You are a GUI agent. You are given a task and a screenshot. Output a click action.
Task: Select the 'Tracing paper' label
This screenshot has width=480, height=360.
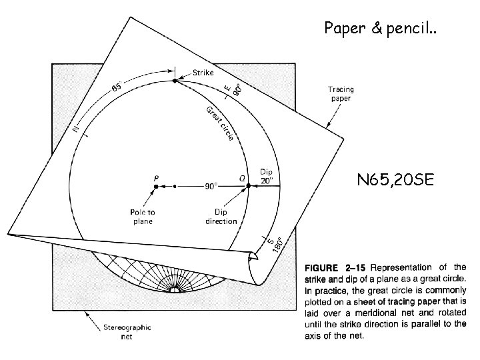click(x=341, y=94)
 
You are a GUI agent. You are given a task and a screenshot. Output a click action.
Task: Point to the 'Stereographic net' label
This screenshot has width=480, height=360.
click(x=127, y=331)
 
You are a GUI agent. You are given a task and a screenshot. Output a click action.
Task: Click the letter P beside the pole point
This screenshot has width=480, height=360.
click(x=156, y=178)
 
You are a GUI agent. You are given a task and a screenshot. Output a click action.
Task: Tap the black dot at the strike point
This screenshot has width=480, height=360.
click(x=175, y=80)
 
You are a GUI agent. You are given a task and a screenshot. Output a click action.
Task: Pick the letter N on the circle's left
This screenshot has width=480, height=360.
click(x=77, y=127)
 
